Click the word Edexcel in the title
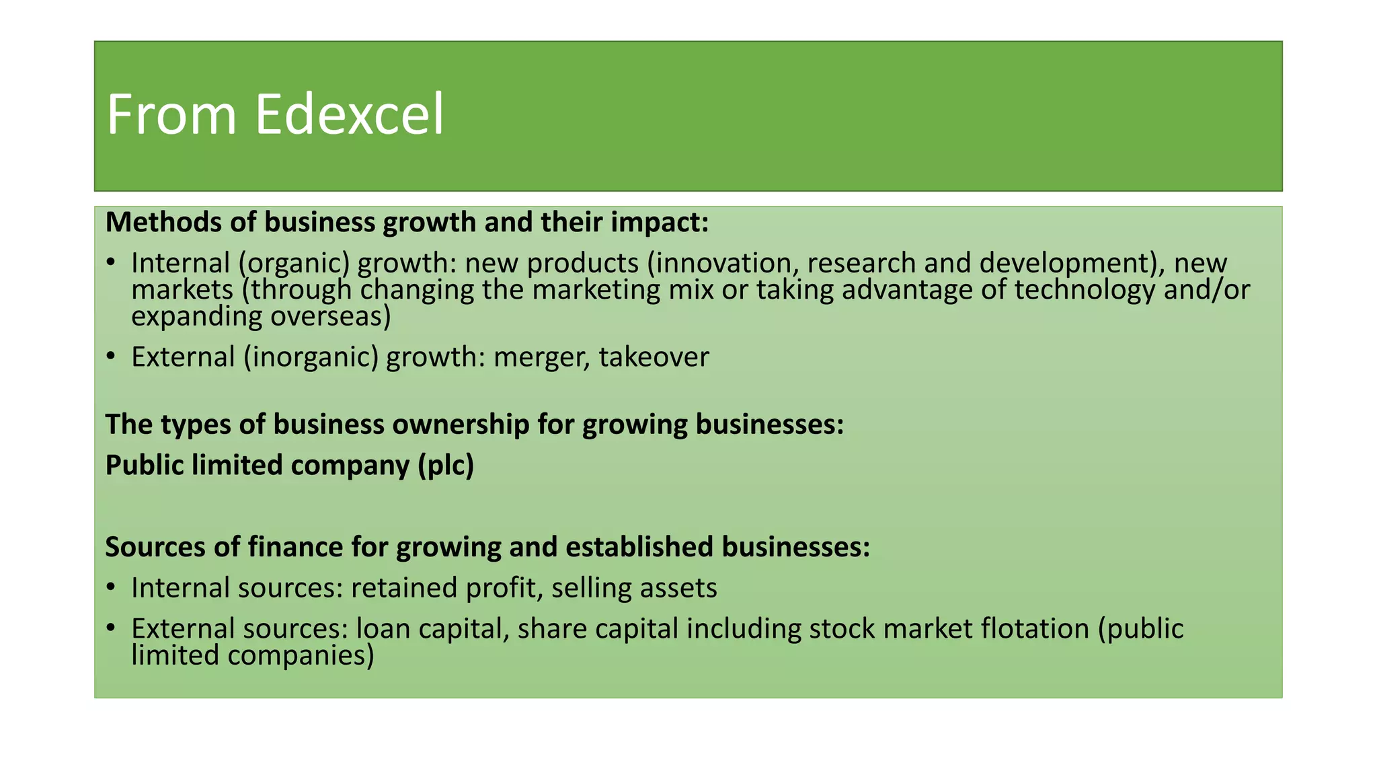point(349,115)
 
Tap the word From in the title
point(171,115)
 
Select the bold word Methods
point(164,223)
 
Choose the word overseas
point(330,317)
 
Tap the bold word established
point(639,547)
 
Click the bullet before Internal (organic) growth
point(111,264)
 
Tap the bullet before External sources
point(111,629)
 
